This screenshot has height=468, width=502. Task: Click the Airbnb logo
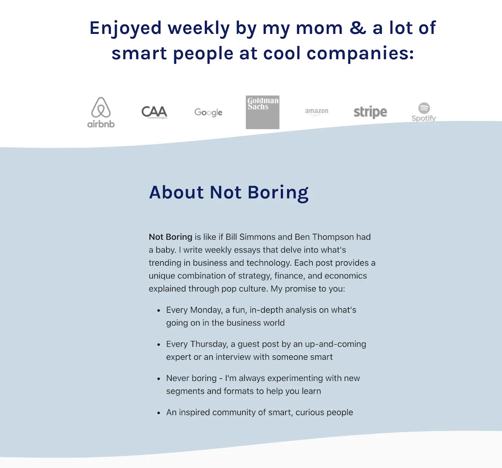click(x=101, y=113)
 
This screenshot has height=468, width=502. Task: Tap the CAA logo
click(x=154, y=112)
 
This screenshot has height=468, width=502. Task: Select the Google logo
click(x=208, y=113)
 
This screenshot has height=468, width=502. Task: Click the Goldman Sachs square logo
click(x=262, y=112)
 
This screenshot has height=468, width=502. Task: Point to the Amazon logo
click(x=317, y=112)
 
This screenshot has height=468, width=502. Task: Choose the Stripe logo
click(x=370, y=112)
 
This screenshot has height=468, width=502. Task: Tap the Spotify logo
click(x=424, y=112)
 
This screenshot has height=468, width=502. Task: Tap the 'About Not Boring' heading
click(x=228, y=192)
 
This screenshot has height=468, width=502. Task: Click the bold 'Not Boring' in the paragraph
click(x=170, y=237)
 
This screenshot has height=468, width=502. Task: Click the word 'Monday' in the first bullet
click(x=203, y=310)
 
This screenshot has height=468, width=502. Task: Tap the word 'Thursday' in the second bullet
click(x=206, y=344)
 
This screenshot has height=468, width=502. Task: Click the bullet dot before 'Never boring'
click(x=159, y=379)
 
